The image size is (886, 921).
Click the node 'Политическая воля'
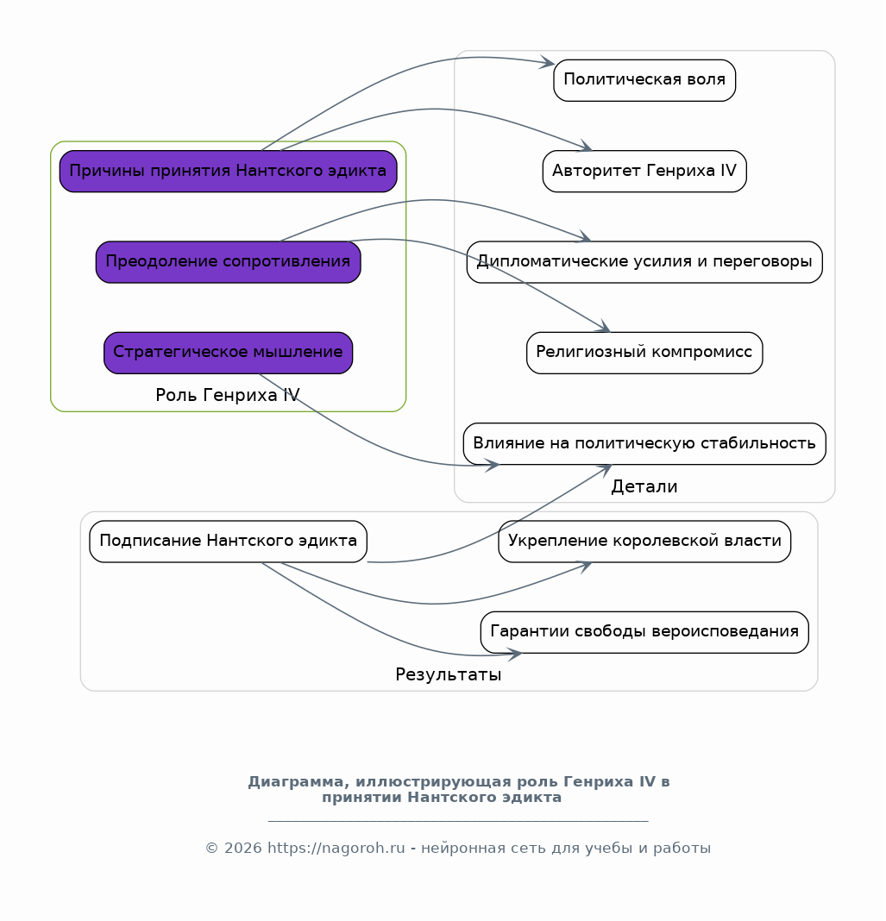(644, 80)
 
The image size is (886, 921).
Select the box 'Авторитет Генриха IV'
(644, 171)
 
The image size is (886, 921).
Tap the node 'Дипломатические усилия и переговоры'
(644, 262)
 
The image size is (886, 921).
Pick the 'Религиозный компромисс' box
(644, 353)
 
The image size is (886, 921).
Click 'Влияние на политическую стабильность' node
(644, 443)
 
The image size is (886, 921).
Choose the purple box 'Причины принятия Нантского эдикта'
(228, 171)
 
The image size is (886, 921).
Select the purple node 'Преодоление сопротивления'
(228, 262)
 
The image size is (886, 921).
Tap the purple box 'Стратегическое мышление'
(228, 353)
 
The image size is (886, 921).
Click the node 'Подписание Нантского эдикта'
(228, 541)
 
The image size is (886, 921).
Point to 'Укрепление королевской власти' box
(644, 541)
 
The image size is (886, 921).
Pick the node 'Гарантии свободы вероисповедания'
(644, 632)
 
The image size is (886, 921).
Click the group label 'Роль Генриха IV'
(228, 395)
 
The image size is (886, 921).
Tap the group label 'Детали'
(644, 486)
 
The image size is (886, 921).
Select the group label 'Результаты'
(449, 674)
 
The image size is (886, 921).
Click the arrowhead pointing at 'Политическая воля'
(548, 62)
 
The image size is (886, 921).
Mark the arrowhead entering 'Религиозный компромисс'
(604, 327)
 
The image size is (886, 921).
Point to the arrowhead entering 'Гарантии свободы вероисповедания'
(515, 654)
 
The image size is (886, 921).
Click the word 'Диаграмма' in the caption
(294, 782)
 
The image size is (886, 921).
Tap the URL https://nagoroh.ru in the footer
(336, 849)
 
